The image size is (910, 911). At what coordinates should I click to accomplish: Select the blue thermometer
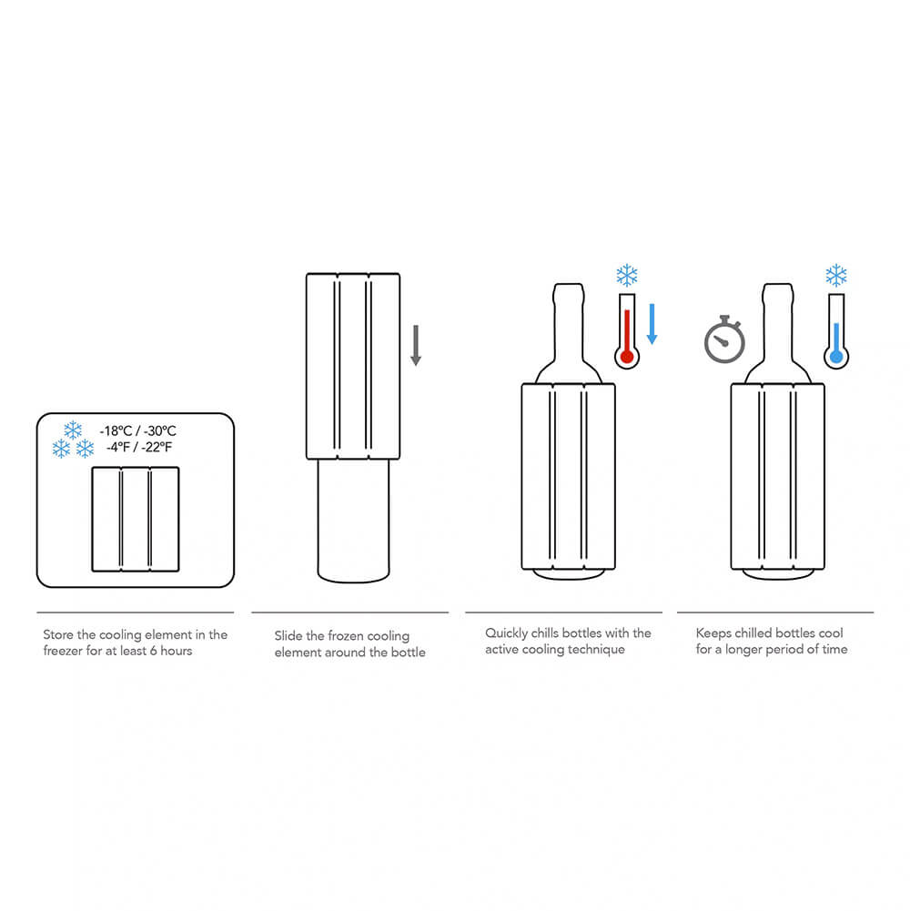[836, 335]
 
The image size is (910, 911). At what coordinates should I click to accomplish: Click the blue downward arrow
[652, 324]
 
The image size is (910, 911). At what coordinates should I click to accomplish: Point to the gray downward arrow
[416, 345]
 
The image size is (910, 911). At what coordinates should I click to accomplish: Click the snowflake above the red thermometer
[626, 276]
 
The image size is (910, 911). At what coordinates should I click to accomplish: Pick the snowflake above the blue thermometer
[835, 276]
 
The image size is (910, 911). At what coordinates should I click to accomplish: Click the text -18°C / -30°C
[137, 431]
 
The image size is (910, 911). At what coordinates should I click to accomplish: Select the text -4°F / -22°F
[138, 448]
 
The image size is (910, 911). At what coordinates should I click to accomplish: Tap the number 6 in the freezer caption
[154, 652]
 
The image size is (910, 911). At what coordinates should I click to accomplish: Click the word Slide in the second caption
[288, 636]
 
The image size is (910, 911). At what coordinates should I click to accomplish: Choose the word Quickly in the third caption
[506, 633]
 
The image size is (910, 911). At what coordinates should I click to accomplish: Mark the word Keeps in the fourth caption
[713, 633]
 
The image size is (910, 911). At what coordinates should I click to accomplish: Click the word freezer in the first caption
[64, 652]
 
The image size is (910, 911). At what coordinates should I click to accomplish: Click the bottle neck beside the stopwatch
[775, 319]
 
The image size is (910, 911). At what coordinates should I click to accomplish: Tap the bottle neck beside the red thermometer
[565, 319]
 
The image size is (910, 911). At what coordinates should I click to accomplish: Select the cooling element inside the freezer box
[136, 519]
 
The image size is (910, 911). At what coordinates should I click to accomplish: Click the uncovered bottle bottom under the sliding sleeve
[354, 523]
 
